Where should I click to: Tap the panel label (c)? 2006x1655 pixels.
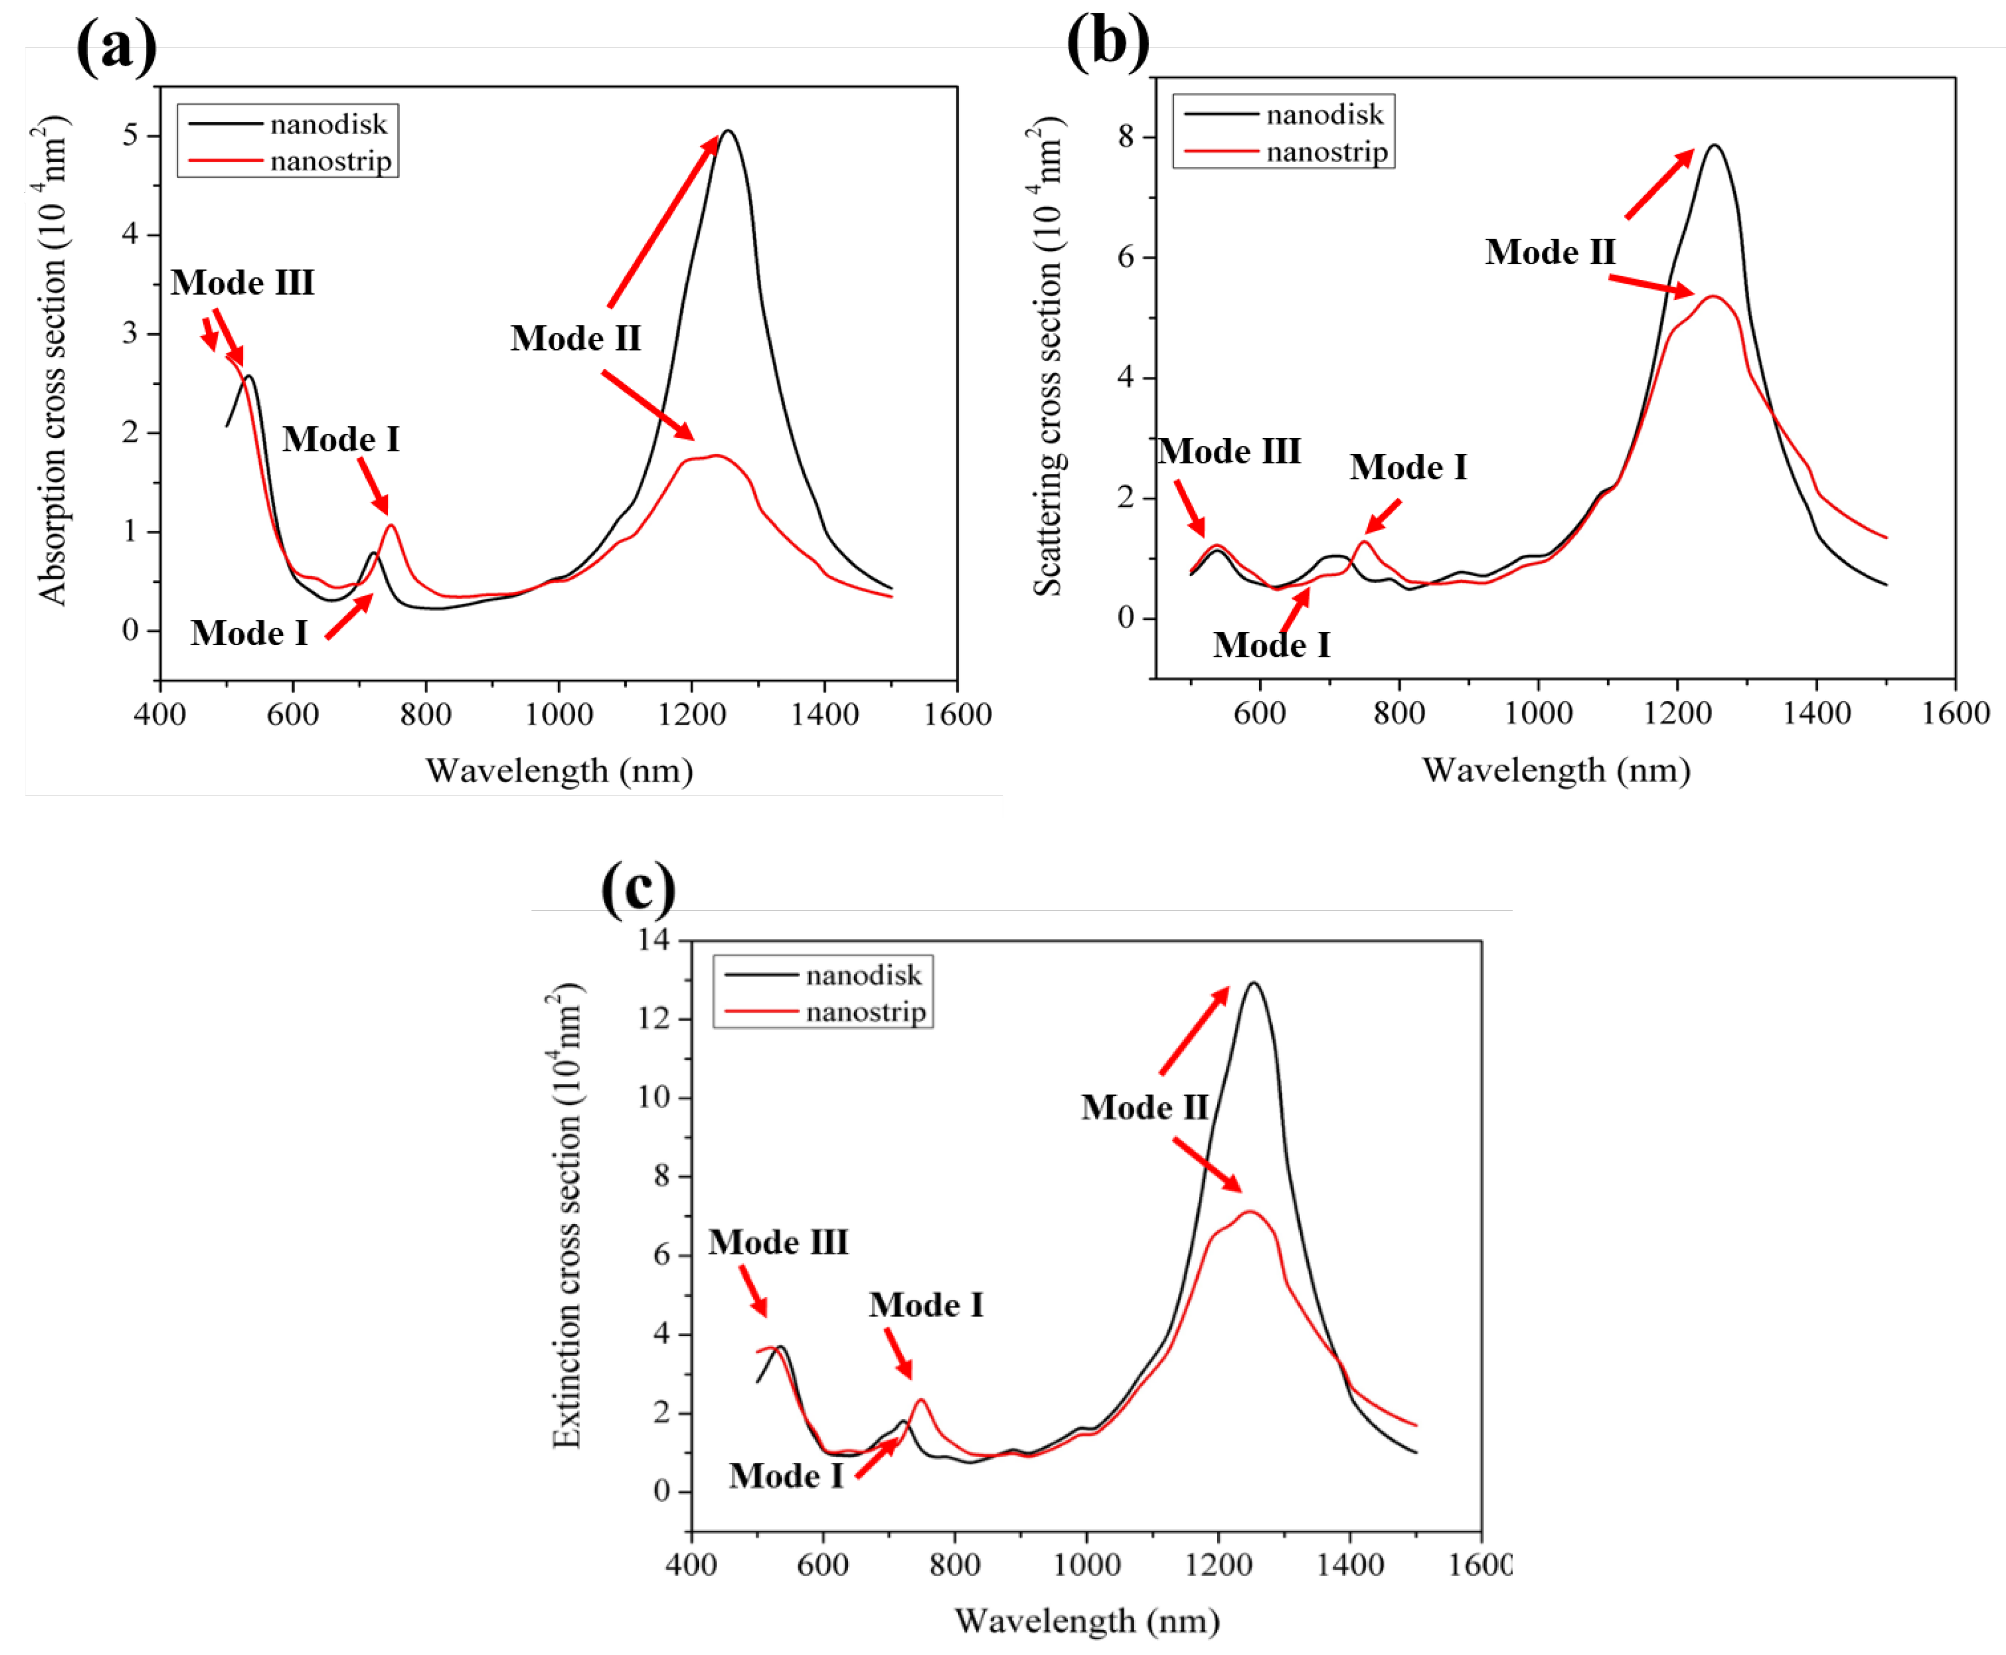[638, 888]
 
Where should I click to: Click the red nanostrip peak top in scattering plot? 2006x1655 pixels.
[1713, 297]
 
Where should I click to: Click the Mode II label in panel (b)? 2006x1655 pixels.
[1550, 252]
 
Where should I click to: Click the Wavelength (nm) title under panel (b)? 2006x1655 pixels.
[1556, 769]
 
